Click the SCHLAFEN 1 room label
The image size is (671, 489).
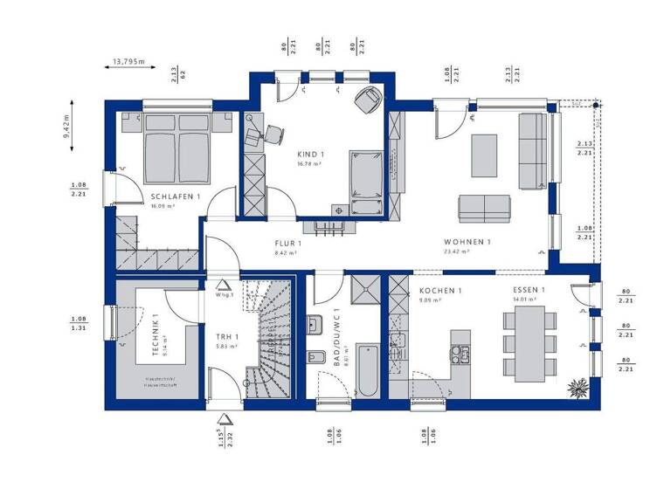[176, 197]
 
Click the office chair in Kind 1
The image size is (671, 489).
[273, 134]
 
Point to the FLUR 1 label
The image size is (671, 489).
[287, 244]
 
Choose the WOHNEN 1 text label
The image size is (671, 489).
[467, 242]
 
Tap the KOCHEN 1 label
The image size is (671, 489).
[439, 291]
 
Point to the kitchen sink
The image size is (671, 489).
[460, 355]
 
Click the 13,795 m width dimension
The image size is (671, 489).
[128, 62]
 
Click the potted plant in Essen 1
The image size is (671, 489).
[578, 383]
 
